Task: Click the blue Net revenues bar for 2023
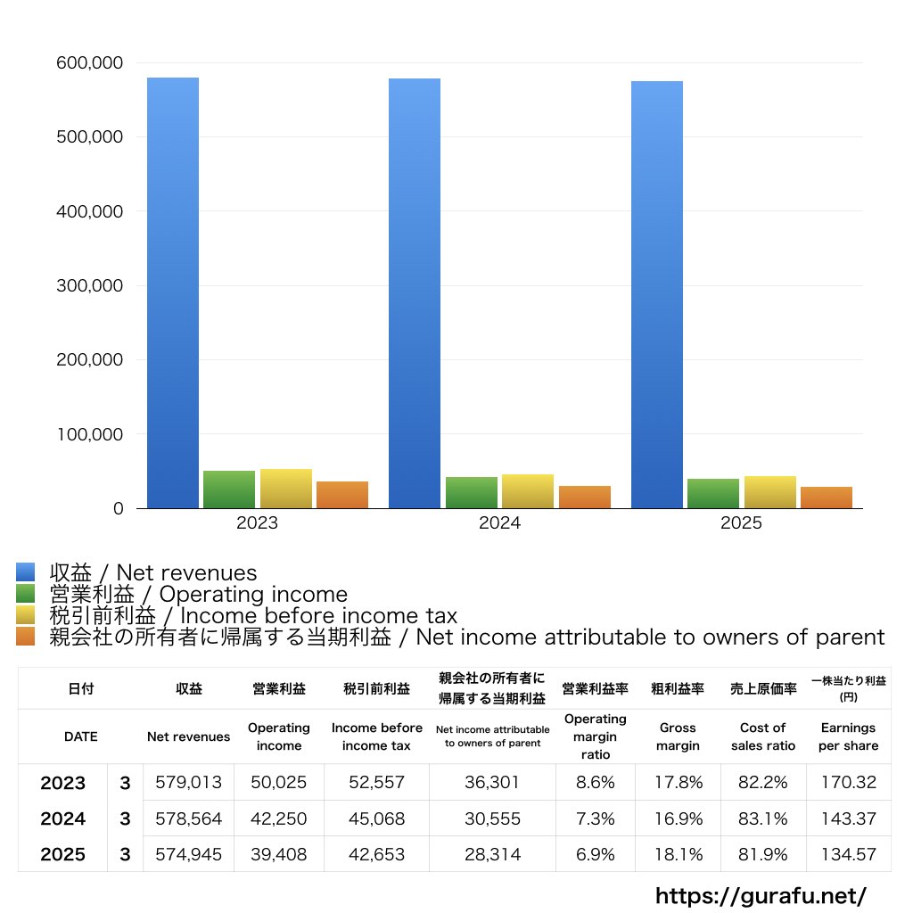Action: click(172, 294)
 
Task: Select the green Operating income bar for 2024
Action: click(472, 493)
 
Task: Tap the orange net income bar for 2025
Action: click(827, 498)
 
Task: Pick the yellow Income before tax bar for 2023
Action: click(286, 489)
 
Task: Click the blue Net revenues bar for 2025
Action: click(657, 294)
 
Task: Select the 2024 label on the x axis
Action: click(499, 523)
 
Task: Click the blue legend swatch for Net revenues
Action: click(25, 572)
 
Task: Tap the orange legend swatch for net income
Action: click(25, 637)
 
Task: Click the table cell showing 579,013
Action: click(188, 783)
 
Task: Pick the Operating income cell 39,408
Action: click(279, 854)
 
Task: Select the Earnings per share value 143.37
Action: click(848, 818)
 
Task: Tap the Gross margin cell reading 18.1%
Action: click(679, 854)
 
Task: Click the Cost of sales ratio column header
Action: click(763, 736)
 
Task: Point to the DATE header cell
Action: click(80, 736)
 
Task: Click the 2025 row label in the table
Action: click(63, 854)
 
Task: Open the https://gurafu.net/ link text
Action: click(761, 895)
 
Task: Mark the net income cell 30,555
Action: click(492, 818)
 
